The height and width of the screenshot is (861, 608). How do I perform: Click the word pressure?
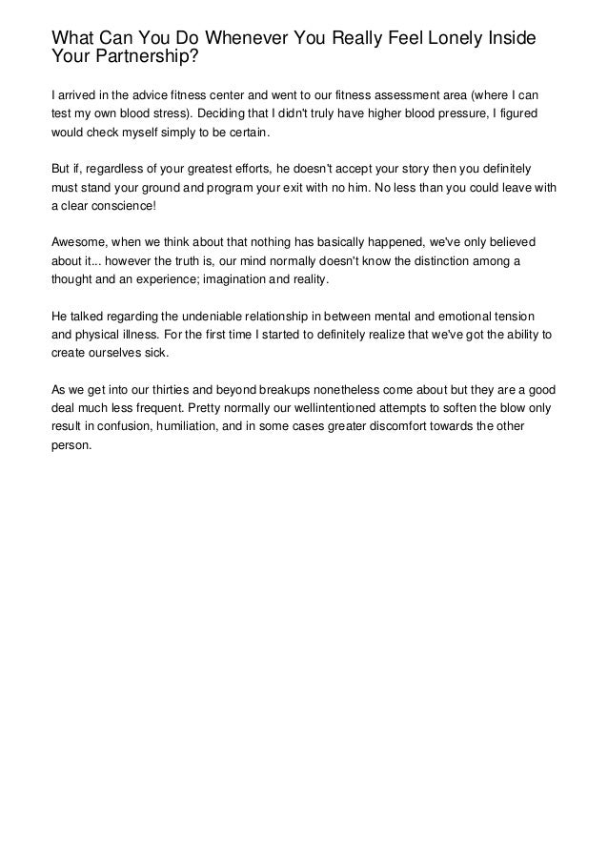tap(455, 113)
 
